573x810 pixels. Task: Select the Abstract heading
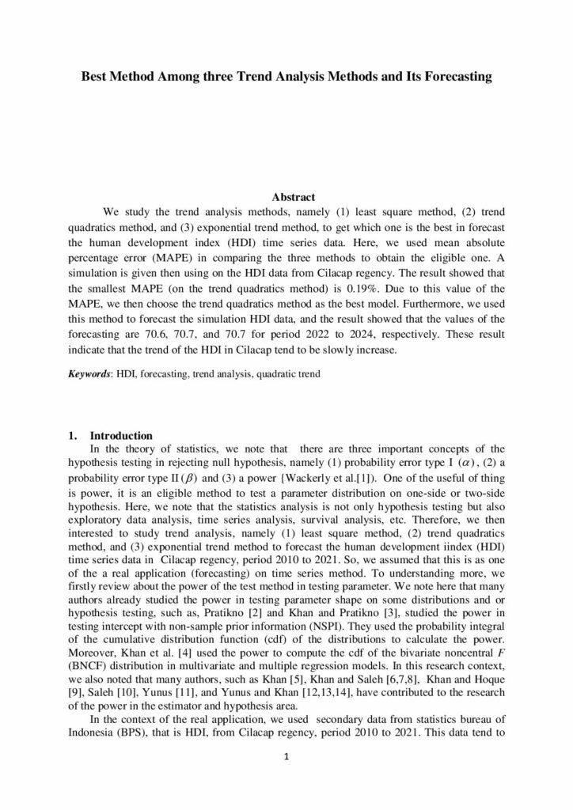(294, 197)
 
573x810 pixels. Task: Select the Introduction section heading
(121, 436)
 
